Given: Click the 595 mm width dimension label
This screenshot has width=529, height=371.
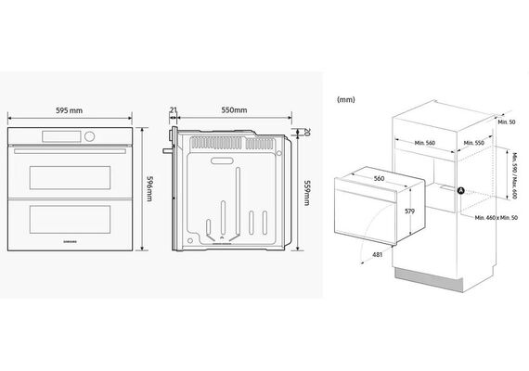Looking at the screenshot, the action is [x=70, y=110].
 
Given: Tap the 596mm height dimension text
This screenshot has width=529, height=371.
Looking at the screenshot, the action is [x=149, y=188].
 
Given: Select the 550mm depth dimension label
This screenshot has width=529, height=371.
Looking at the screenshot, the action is [x=234, y=110].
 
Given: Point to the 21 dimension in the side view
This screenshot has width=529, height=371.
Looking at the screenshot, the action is [x=174, y=110].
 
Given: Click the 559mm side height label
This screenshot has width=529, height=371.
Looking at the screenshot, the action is [x=307, y=193].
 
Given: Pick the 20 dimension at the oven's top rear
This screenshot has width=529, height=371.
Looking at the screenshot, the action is [x=306, y=132].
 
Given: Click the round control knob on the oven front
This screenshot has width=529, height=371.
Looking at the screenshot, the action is [x=90, y=136].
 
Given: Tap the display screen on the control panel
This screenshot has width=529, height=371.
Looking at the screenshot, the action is [x=61, y=136].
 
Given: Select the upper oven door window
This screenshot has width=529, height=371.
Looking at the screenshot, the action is [x=70, y=177].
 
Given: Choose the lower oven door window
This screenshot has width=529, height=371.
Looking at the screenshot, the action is [x=70, y=219].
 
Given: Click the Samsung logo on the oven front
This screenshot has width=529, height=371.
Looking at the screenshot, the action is [x=71, y=242].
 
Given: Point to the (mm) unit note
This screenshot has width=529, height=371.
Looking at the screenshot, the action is [x=346, y=100].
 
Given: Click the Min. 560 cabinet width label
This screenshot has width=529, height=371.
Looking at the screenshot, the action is [x=425, y=143].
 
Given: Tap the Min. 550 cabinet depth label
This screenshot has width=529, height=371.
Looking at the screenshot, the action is [x=473, y=143].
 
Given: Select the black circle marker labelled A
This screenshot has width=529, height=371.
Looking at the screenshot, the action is [x=461, y=191].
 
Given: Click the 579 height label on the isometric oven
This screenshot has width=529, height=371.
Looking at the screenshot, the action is [x=409, y=211].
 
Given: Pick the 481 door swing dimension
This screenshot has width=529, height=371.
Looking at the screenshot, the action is [x=377, y=255].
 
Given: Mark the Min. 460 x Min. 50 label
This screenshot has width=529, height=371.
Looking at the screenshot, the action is [x=497, y=218].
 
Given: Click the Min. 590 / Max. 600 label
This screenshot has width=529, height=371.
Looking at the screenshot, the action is [x=514, y=176].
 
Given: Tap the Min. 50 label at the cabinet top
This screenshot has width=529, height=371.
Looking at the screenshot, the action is [x=507, y=122].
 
